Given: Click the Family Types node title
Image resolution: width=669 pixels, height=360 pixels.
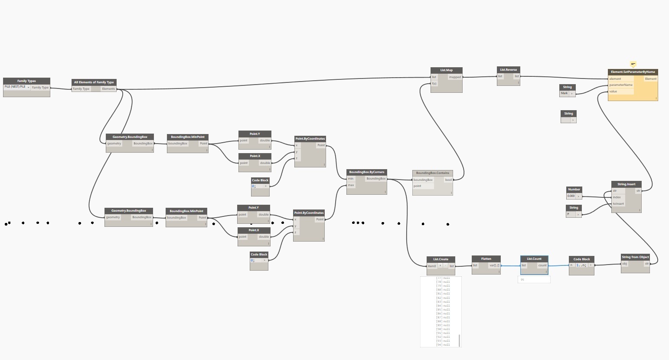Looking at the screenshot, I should tap(26, 81).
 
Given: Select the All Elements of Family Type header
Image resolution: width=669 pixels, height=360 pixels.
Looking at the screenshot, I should tap(94, 82).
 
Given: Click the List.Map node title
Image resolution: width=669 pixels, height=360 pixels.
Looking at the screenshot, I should tap(446, 70).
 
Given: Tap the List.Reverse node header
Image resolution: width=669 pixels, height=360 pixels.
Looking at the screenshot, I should tap(508, 69).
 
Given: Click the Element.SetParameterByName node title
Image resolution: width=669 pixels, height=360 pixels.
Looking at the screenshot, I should tap(633, 72).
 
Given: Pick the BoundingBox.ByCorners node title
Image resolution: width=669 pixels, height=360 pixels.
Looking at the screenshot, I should tap(366, 172).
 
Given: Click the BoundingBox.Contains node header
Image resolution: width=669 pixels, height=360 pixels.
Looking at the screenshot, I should tap(432, 173).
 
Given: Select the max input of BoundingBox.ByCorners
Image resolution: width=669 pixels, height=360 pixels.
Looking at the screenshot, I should tap(351, 185).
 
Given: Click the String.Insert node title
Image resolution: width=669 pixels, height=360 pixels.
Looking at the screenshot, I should tap(626, 184).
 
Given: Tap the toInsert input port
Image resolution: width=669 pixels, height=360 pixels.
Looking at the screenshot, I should tap(618, 204).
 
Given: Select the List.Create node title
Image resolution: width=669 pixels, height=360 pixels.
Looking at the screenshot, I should tap(441, 259).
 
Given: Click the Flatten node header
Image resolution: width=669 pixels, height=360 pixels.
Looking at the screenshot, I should tap(486, 259).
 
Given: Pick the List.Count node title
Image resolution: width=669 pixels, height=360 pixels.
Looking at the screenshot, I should tap(534, 259).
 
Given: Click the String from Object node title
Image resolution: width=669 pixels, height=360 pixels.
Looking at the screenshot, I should tap(635, 257).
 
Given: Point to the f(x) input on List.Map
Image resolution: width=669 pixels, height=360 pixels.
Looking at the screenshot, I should tap(434, 83).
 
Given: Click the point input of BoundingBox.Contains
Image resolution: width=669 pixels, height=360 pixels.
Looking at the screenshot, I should tap(418, 186).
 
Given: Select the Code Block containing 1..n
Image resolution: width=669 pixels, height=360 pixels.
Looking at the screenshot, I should tap(581, 265).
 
